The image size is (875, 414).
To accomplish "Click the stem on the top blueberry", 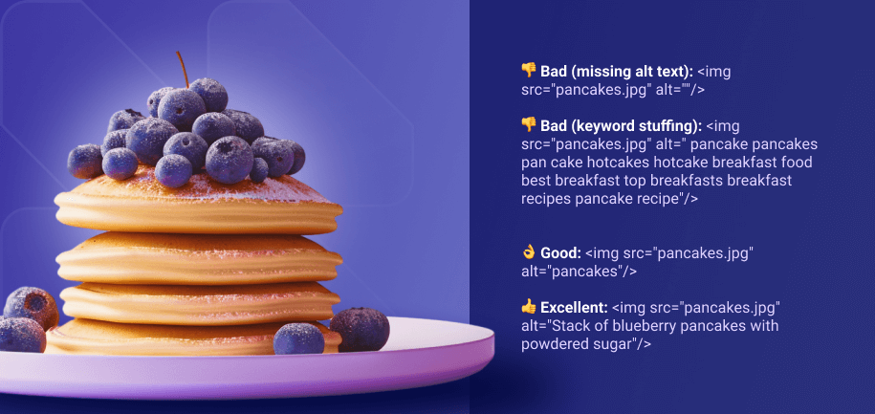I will [x=180, y=69].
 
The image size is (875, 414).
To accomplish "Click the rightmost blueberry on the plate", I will [x=360, y=329].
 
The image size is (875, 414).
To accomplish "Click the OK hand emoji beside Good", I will [x=529, y=252].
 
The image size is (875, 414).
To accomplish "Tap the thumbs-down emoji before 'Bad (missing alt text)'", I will [x=529, y=71].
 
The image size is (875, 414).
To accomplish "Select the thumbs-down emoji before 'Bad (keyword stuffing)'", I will [x=529, y=126].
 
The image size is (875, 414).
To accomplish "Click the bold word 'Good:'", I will [x=560, y=252].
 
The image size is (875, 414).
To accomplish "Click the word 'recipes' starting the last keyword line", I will [x=546, y=199].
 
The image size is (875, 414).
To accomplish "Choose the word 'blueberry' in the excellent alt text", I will [x=642, y=326].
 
